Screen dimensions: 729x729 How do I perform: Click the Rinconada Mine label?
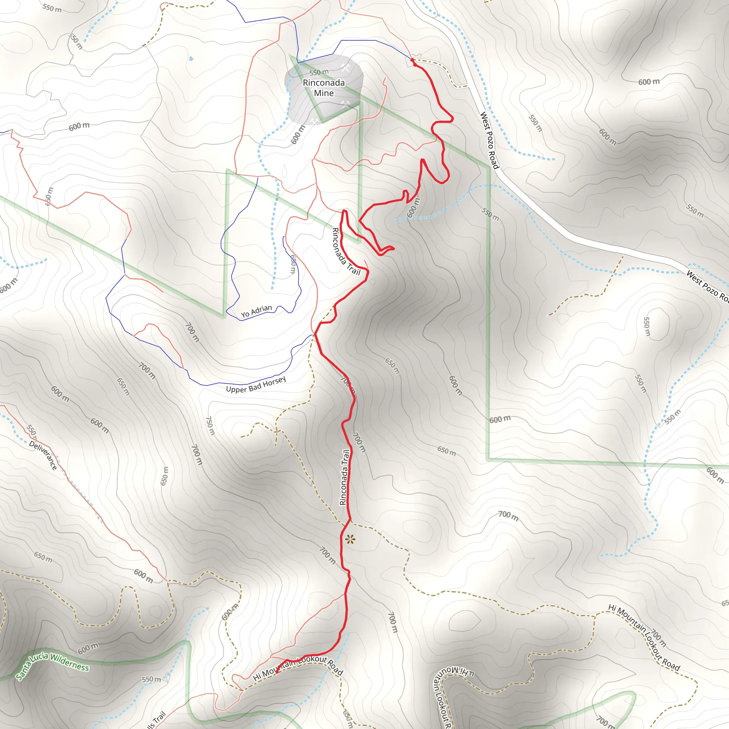click(324, 88)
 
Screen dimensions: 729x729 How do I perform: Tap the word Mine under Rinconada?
click(324, 93)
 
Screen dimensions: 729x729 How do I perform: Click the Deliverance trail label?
click(43, 456)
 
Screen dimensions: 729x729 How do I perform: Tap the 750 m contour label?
click(210, 426)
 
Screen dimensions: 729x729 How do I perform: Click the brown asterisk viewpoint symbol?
click(350, 539)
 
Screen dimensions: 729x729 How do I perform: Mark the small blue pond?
click(191, 58)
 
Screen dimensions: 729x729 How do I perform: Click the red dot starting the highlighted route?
click(412, 60)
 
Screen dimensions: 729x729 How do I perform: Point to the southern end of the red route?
click(277, 672)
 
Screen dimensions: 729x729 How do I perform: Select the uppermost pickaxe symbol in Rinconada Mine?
click(345, 68)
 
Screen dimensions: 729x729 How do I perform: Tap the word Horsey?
click(274, 382)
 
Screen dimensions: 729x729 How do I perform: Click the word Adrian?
click(261, 310)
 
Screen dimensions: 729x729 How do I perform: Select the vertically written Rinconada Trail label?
click(344, 477)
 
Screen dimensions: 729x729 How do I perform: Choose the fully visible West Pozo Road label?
click(489, 140)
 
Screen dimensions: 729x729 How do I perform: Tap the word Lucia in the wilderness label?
click(38, 660)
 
